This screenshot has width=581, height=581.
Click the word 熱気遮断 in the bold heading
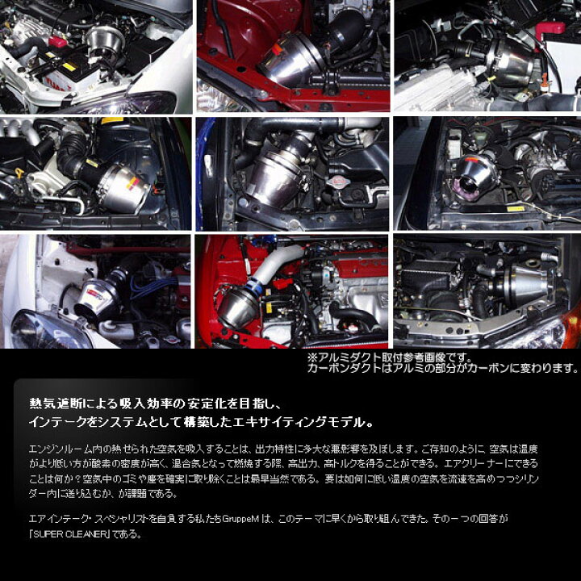click(45, 400)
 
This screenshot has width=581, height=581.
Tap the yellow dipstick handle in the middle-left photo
click(19, 172)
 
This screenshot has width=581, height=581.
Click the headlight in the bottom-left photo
click(38, 326)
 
